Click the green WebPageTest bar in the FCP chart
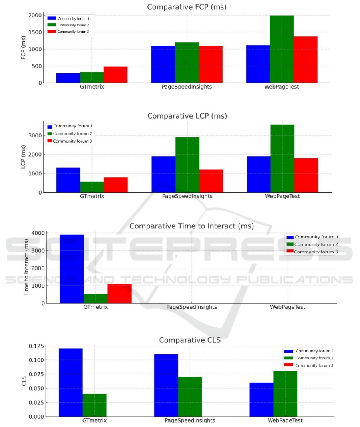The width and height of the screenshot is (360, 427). (x=282, y=49)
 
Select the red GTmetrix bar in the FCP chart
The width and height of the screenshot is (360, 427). (x=115, y=75)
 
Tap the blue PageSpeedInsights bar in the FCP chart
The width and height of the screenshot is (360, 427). (x=163, y=64)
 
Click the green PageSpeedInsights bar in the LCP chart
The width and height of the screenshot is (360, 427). (x=187, y=165)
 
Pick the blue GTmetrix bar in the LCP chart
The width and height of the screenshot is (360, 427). (x=68, y=180)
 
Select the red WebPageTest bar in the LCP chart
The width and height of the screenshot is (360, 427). (x=306, y=175)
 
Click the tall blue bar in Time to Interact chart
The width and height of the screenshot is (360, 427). (x=72, y=269)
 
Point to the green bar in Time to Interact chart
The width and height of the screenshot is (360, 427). (x=95, y=298)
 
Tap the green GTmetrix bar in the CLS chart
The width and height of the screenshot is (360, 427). (x=94, y=405)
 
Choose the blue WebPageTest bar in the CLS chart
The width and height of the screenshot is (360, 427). (x=261, y=399)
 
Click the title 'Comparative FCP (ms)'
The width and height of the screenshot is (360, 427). (x=187, y=7)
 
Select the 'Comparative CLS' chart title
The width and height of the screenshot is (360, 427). (x=190, y=340)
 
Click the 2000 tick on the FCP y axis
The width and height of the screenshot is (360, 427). (x=35, y=15)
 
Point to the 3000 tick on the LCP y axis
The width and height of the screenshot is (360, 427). (x=35, y=135)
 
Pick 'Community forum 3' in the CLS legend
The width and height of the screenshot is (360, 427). (x=314, y=365)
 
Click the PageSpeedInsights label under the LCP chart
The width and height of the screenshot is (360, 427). (x=187, y=197)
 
